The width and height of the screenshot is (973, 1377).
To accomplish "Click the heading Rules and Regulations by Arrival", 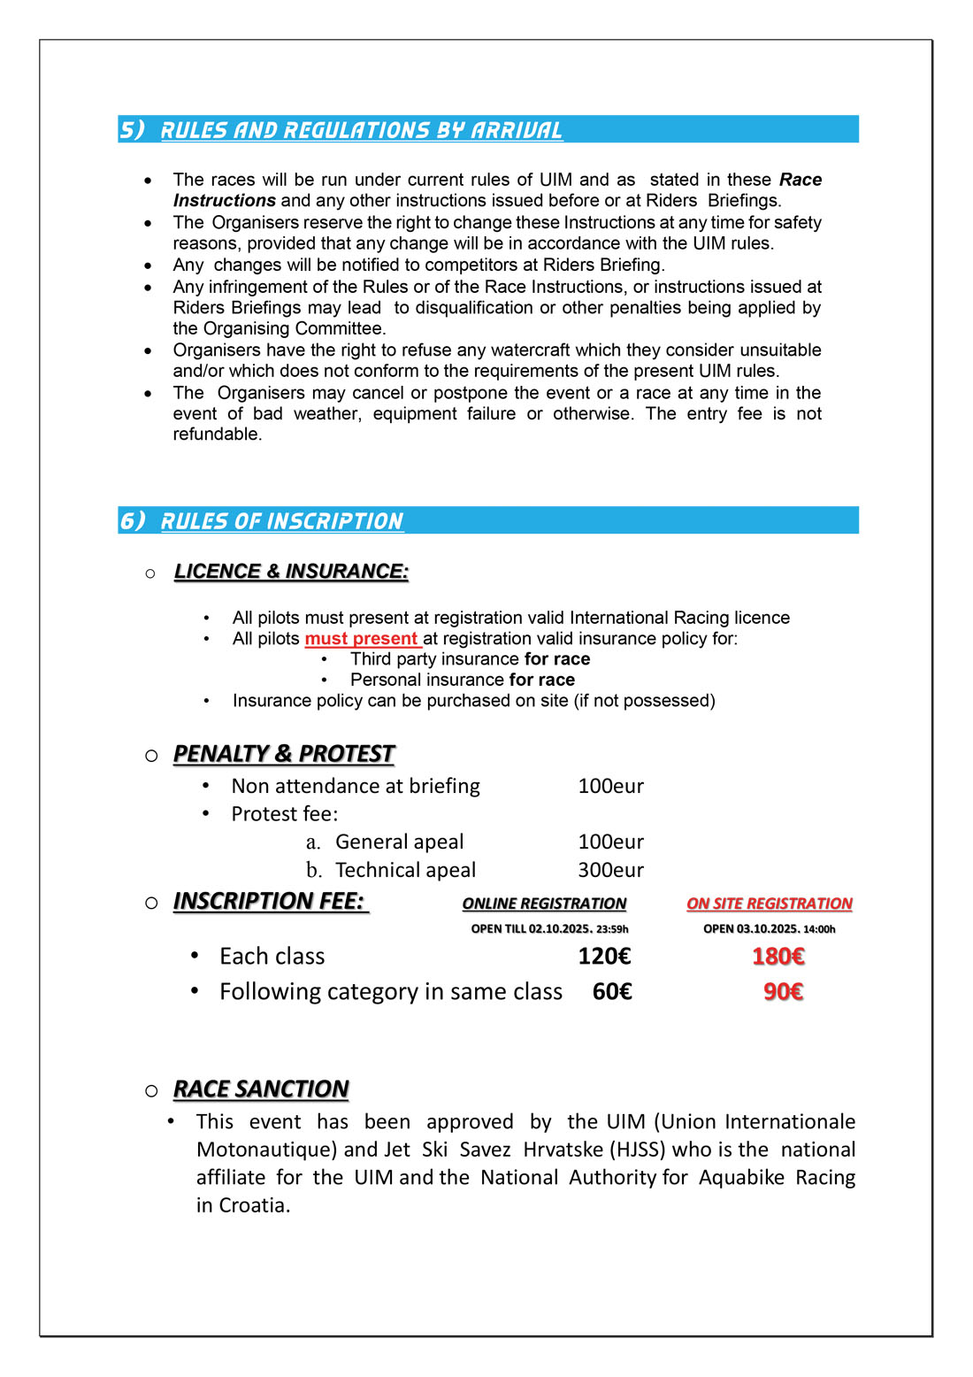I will point(361,130).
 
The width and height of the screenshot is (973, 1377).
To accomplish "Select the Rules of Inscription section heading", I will point(281,521).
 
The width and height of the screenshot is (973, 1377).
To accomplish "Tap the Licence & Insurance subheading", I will point(291,572).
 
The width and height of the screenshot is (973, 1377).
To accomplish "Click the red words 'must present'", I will point(362,639).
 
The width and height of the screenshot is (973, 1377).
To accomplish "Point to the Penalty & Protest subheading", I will point(283,754).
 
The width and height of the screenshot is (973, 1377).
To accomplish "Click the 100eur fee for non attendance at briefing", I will point(610,786).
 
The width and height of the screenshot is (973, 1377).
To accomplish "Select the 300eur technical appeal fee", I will point(610,870).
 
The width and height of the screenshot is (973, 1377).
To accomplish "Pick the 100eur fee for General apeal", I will point(610,842).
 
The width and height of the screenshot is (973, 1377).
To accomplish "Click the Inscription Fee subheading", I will point(269,902).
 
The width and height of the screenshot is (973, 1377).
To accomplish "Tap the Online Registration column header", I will point(544,904).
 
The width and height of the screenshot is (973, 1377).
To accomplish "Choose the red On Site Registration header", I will point(769,904).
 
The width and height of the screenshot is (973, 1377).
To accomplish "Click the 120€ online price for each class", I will point(604,957).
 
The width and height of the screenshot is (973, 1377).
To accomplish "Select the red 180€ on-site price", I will point(778,957).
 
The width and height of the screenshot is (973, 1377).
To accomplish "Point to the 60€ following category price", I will point(612,992).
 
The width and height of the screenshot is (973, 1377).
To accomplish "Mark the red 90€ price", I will point(783,992).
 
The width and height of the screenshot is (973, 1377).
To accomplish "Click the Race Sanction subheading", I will point(261,1089).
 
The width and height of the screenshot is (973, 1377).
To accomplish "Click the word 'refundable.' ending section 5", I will point(218,435).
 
